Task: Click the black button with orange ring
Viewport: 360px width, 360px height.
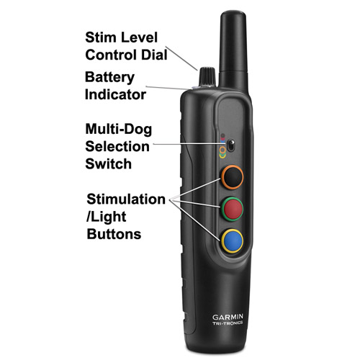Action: click(x=232, y=177)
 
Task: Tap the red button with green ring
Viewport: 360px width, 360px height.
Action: click(x=232, y=209)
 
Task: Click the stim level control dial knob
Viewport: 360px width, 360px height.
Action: click(x=207, y=76)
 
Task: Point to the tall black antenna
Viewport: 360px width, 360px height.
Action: click(x=233, y=49)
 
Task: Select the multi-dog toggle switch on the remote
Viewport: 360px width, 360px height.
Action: click(x=231, y=145)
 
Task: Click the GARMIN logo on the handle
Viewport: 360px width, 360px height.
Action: click(x=228, y=317)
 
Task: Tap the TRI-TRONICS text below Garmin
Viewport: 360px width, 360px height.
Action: click(x=228, y=323)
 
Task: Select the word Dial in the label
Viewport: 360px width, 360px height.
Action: click(x=154, y=55)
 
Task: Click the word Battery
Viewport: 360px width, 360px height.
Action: click(x=109, y=78)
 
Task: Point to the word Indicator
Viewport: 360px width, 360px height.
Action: click(x=115, y=94)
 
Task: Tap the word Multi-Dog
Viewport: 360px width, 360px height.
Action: click(x=119, y=130)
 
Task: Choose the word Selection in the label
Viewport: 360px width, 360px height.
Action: click(x=117, y=146)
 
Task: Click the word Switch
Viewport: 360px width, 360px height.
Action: click(x=109, y=164)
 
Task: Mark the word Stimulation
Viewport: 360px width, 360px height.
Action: click(x=126, y=199)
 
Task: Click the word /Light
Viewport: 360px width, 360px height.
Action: click(x=107, y=217)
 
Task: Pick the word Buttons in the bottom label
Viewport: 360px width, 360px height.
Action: click(x=114, y=234)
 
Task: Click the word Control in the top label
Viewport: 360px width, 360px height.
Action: click(x=111, y=55)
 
